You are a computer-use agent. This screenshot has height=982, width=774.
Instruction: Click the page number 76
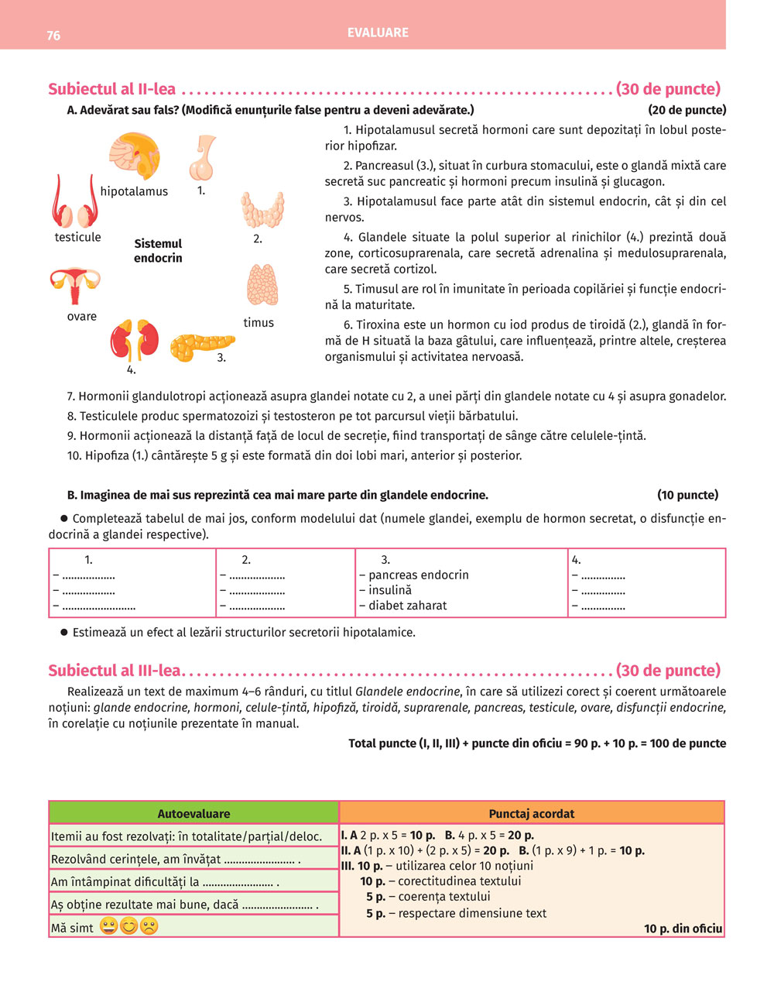(53, 36)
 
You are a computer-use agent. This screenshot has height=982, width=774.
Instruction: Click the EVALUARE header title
(378, 33)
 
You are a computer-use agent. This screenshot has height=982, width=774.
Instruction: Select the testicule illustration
(72, 202)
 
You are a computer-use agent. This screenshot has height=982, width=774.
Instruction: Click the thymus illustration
(262, 286)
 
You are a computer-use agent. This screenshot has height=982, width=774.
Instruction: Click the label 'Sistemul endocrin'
(158, 251)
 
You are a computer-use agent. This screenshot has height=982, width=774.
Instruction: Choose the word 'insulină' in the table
(389, 590)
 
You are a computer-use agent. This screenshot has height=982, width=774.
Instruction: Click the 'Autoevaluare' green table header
(193, 813)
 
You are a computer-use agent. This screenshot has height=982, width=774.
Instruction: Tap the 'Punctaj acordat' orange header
(532, 813)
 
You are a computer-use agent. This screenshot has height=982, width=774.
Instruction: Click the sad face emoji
(149, 926)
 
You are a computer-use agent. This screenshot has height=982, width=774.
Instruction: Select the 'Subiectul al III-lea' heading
(114, 671)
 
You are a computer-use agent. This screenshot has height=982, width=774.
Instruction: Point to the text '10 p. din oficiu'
(683, 929)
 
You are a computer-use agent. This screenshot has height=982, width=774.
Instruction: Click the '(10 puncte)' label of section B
(687, 495)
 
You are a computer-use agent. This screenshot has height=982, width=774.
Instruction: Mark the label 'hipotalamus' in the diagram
(134, 191)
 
